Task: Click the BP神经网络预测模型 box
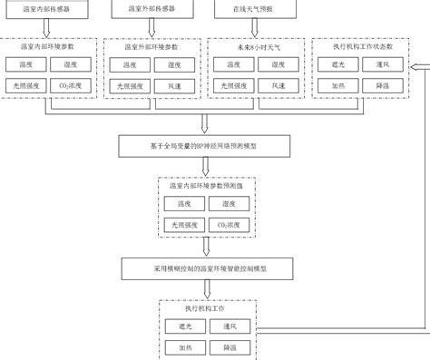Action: (206, 145)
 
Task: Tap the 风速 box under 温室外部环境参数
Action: (176, 84)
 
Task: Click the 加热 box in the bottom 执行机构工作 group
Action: (185, 347)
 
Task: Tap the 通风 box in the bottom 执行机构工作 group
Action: (229, 326)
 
